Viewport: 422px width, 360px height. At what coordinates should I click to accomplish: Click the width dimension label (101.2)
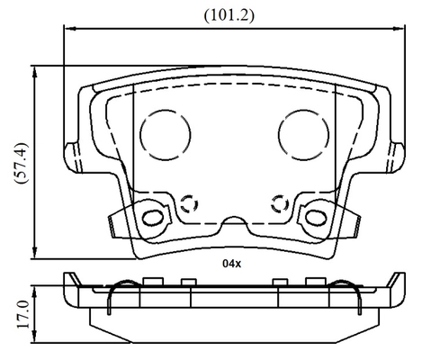click(x=229, y=15)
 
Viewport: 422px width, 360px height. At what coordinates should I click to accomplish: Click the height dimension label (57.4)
click(x=21, y=164)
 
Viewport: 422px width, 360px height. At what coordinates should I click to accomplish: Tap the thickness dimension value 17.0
click(x=23, y=314)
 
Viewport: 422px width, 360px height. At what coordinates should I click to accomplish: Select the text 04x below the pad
click(x=231, y=264)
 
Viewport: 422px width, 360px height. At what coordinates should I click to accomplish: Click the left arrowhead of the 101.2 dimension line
click(x=69, y=29)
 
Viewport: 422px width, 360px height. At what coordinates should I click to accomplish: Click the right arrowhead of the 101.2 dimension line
click(x=399, y=29)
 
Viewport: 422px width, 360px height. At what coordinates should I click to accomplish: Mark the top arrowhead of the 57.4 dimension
click(x=35, y=72)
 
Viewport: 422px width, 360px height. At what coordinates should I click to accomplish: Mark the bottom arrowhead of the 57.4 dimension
click(x=35, y=253)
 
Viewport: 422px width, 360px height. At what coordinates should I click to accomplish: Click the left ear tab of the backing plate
click(x=74, y=157)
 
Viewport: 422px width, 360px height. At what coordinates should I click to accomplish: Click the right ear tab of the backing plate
click(x=396, y=157)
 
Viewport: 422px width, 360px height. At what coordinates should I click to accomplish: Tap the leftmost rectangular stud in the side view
click(x=153, y=281)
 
